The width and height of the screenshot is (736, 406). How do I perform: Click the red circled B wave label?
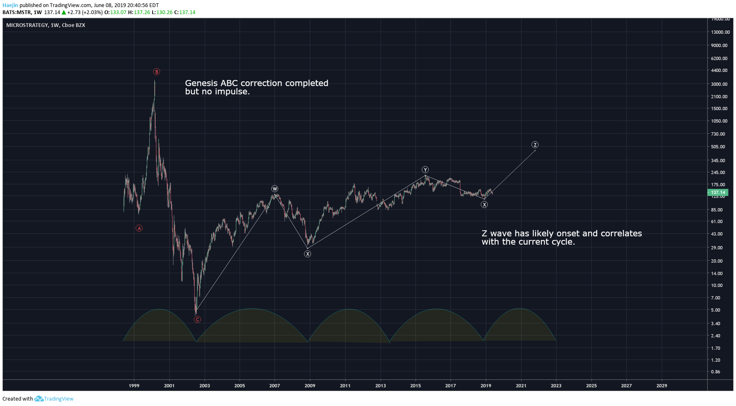(x=156, y=72)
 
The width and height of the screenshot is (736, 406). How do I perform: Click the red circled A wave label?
(x=139, y=228)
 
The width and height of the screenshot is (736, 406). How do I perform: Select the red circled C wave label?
(x=198, y=319)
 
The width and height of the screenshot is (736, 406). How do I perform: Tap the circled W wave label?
(x=274, y=189)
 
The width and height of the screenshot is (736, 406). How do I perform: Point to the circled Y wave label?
(x=425, y=170)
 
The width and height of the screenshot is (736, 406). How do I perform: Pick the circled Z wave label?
(x=535, y=145)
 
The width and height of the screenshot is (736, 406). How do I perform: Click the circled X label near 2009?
(x=307, y=254)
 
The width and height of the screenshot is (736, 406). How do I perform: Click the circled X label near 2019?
(x=484, y=205)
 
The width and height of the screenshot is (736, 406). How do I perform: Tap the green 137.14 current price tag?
(x=718, y=193)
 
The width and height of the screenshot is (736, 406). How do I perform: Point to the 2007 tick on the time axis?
(x=274, y=386)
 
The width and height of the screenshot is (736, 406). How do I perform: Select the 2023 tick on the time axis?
(x=556, y=386)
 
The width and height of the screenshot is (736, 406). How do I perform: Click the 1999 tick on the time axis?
(x=134, y=386)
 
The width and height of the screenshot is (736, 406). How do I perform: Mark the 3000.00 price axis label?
(x=719, y=84)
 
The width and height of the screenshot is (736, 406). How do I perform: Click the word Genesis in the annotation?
(x=201, y=83)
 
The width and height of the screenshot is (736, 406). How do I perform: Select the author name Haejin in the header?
(x=10, y=5)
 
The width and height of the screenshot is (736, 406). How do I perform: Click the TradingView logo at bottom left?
(x=54, y=399)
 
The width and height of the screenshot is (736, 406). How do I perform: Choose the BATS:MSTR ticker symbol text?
(x=17, y=12)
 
